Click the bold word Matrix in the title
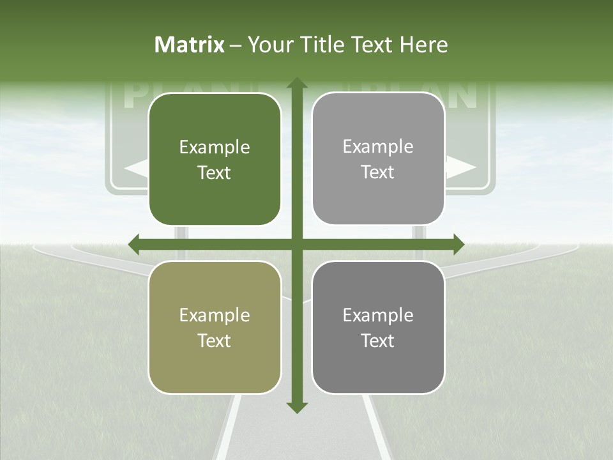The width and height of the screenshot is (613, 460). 190,45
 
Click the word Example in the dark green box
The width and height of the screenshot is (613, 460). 215,148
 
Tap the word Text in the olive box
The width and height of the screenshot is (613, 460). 215,341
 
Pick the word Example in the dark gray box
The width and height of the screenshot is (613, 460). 378,315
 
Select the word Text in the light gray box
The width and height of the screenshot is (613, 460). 378,172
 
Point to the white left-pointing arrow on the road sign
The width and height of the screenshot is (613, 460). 135,169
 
